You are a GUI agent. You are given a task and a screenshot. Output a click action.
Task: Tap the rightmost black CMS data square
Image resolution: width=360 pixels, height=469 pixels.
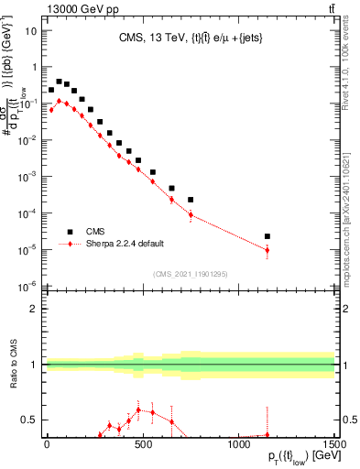267,236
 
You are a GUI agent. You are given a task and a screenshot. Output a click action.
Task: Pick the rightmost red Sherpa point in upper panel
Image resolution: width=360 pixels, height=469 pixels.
267,250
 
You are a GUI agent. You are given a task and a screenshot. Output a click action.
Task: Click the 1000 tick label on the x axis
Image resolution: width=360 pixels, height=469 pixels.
238,445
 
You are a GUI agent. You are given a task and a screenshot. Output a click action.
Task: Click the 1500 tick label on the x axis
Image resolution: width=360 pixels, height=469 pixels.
333,445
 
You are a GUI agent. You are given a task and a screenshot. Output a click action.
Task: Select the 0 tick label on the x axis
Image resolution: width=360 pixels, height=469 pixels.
47,445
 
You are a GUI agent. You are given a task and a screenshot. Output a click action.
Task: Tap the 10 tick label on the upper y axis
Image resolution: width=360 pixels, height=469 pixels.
30,30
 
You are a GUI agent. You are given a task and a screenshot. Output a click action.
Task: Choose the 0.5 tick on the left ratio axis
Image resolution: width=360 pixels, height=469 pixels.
30,420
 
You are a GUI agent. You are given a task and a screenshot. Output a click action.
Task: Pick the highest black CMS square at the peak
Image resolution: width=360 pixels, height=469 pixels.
59,82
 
